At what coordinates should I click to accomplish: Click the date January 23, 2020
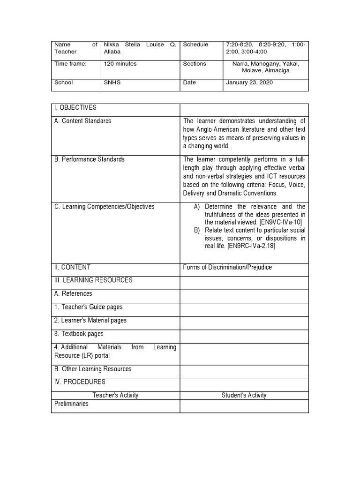249,82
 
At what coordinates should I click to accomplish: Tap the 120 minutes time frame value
120,64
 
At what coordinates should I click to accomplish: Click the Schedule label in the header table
195,45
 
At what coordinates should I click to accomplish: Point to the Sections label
195,64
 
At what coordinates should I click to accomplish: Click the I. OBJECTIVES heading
75,107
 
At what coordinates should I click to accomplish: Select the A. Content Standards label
82,121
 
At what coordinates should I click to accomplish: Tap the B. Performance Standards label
89,159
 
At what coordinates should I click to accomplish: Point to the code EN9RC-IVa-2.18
251,247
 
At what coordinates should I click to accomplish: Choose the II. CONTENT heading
72,267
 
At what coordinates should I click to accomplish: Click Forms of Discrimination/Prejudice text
227,267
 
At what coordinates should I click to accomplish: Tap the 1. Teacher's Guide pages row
88,307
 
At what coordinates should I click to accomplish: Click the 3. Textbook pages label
79,334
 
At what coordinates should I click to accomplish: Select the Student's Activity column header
244,395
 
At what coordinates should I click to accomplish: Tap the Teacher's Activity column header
115,395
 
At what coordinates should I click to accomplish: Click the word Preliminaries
71,404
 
